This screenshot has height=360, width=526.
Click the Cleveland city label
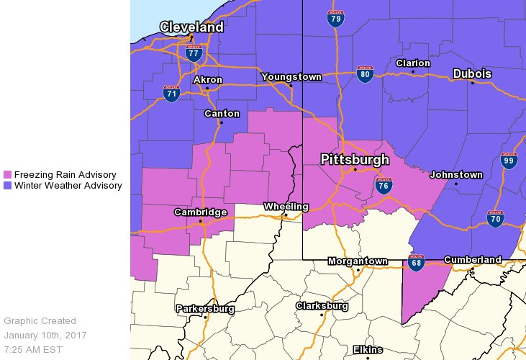click(x=191, y=27)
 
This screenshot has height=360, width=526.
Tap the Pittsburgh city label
click(x=354, y=159)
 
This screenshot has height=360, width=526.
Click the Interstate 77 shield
click(x=193, y=53)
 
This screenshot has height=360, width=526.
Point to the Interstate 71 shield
click(x=171, y=94)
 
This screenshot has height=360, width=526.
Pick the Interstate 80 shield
click(x=365, y=73)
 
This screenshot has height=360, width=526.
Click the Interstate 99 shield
click(x=509, y=161)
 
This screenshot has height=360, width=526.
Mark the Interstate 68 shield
click(x=416, y=264)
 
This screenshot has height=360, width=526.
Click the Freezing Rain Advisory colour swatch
click(x=8, y=175)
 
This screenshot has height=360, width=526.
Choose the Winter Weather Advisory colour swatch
click(x=8, y=186)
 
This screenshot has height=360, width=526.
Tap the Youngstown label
click(x=291, y=76)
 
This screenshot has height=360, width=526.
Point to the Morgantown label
click(x=358, y=261)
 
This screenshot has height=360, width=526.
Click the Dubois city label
click(x=472, y=74)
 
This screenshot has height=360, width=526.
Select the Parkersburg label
click(x=207, y=309)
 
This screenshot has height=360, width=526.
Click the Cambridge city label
click(x=200, y=212)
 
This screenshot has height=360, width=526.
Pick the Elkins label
click(x=368, y=350)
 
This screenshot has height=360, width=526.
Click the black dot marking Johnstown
click(x=456, y=184)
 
